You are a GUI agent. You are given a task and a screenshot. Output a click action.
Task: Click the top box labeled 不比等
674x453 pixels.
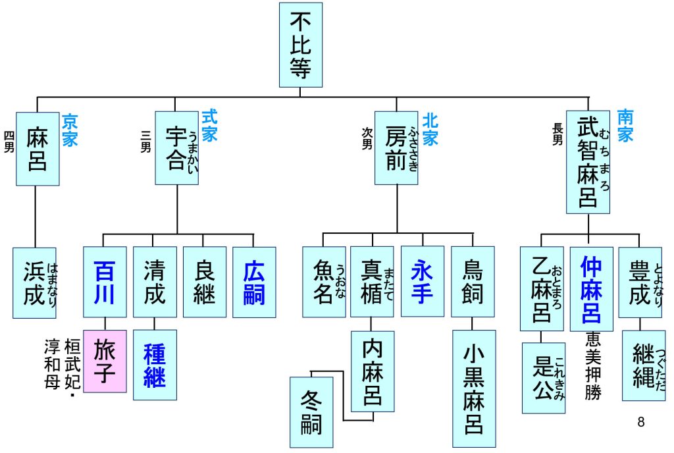301,45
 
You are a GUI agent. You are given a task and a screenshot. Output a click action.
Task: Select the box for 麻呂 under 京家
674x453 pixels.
38,149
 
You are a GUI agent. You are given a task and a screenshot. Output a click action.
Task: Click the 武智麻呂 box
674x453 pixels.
588,162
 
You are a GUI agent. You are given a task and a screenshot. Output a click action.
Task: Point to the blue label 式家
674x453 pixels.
209,126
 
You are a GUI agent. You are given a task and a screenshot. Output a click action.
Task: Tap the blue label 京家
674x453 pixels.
69,130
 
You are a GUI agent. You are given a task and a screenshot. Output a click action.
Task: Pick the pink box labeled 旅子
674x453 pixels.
105,361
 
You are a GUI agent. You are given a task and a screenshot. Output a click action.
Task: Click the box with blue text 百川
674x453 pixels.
105,282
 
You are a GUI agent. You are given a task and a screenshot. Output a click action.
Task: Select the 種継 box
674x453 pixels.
155,364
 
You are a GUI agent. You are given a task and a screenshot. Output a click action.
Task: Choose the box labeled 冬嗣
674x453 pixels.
311,412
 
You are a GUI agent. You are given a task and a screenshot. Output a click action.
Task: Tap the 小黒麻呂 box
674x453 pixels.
473,388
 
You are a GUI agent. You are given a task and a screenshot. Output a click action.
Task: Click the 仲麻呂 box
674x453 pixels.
591,288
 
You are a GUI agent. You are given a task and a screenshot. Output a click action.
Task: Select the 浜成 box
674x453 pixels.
34,282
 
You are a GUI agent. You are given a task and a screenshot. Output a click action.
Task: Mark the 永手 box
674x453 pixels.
422,281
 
